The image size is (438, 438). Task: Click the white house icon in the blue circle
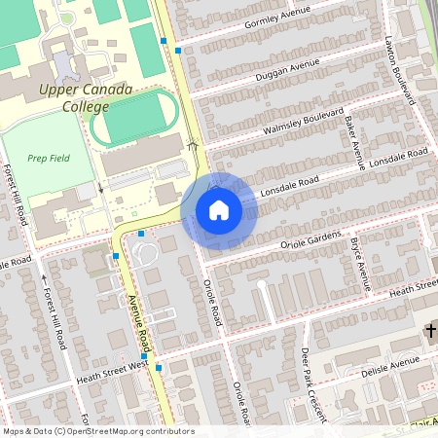click(x=218, y=210)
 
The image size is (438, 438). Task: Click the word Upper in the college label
click(x=59, y=90)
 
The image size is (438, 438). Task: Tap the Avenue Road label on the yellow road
click(x=138, y=324)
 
